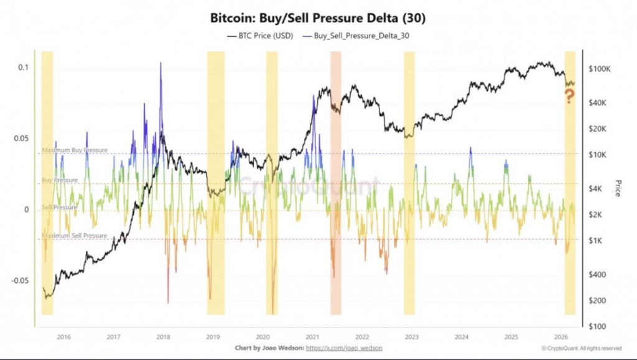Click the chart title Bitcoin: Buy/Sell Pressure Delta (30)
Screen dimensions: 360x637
[x=318, y=19]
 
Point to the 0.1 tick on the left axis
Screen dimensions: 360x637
[x=23, y=67]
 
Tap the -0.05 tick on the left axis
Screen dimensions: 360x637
[x=20, y=280]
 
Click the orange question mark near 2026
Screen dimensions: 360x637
[x=569, y=96]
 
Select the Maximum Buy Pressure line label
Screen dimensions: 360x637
[x=74, y=150]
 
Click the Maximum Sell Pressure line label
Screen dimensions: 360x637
[x=74, y=236]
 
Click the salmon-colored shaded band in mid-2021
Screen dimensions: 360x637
[x=336, y=183]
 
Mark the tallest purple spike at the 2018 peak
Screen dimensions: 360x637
[x=160, y=65]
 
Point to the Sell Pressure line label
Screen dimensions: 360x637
[x=60, y=207]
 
